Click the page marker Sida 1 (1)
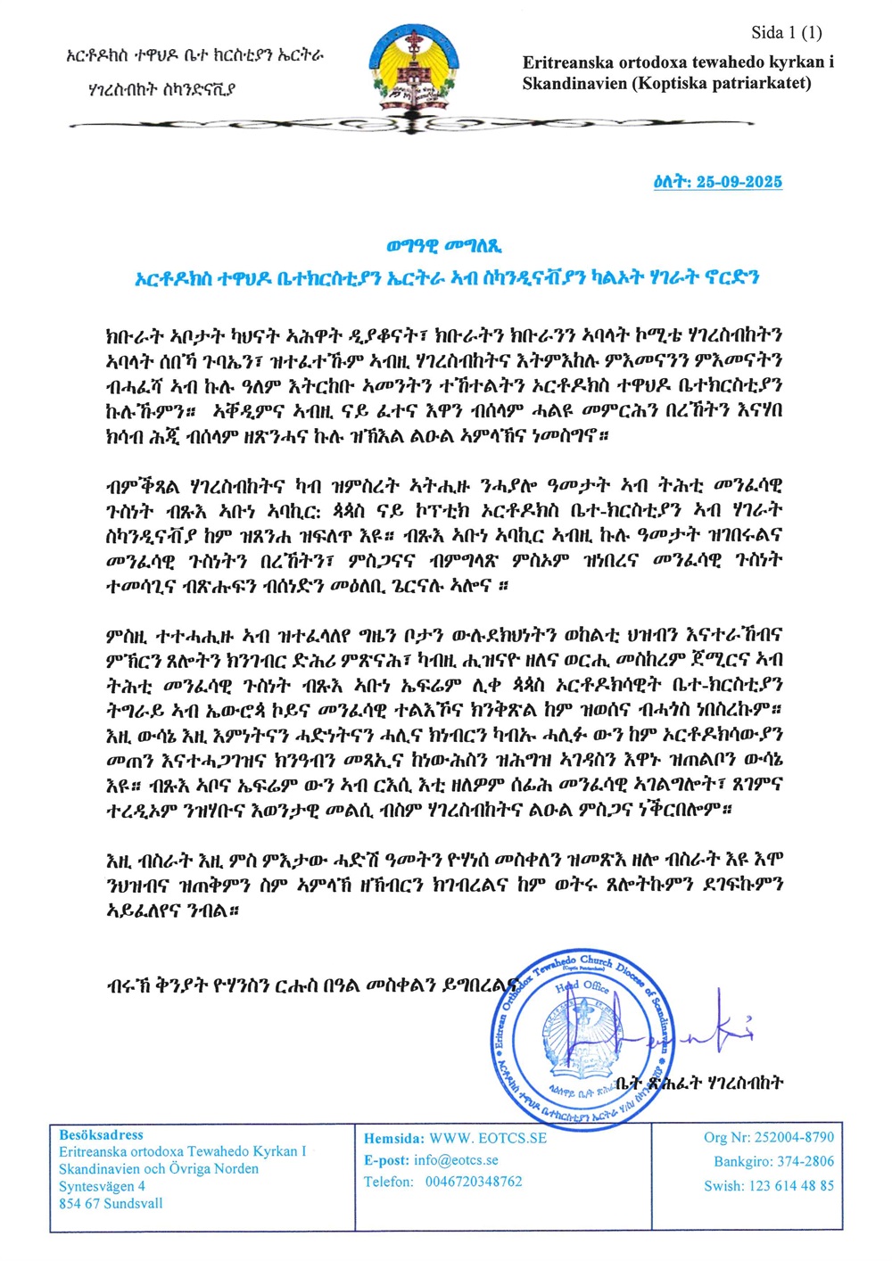tap(786, 33)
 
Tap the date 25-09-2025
tap(739, 182)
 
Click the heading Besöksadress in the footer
tap(101, 1135)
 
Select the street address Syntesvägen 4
tap(102, 1186)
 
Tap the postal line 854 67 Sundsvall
tap(111, 1203)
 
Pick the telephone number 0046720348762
tap(474, 1182)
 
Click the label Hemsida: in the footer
tap(393, 1138)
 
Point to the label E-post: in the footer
tap(386, 1160)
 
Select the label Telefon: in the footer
tap(388, 1182)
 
